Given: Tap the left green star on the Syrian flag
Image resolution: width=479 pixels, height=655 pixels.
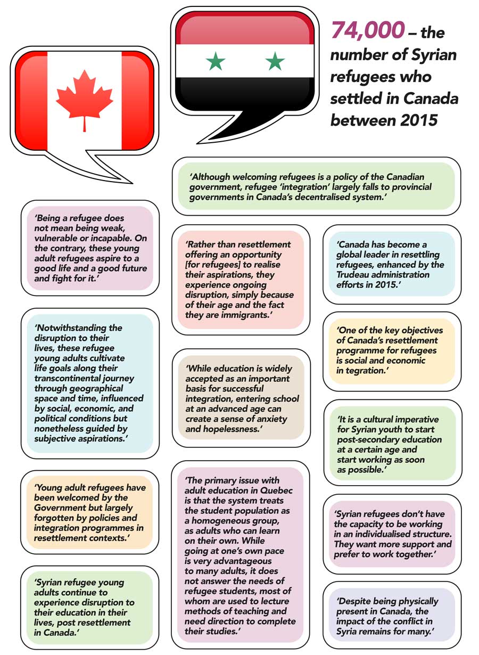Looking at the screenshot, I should (216, 61).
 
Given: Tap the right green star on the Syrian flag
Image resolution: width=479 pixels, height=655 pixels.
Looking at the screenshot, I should (275, 61).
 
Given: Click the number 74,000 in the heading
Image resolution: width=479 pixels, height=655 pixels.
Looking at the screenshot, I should (367, 31).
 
